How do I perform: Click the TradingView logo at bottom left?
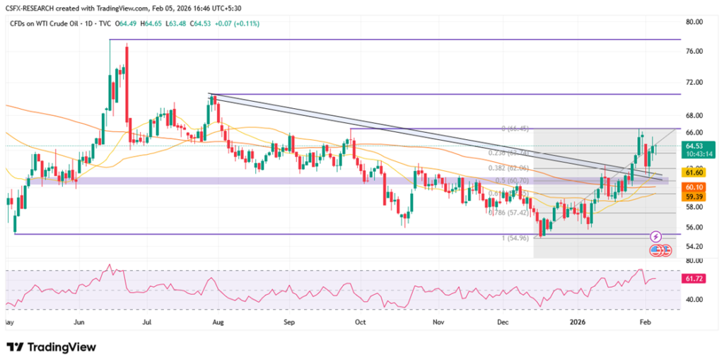[x=51, y=347]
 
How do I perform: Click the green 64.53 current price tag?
[x=695, y=145]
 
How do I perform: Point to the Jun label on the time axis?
[x=79, y=322]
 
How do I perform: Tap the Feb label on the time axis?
[x=645, y=322]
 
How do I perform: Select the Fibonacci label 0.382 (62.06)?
[x=510, y=169]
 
